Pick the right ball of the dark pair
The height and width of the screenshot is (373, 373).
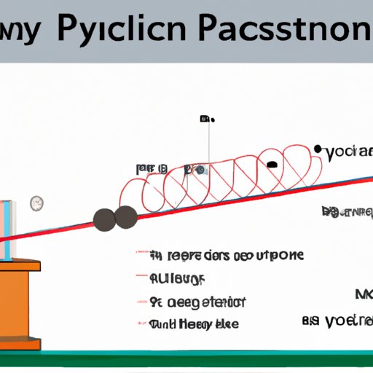127,216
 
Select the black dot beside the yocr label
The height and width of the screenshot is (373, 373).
318,151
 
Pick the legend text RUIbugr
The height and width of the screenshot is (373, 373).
177,278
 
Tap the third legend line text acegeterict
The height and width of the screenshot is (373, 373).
197,302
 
